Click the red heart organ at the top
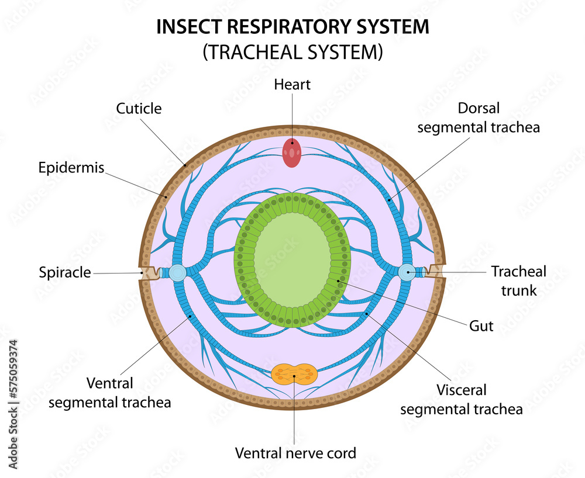pos(292,153)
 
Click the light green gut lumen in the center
pos(292,258)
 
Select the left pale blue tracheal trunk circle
pos(178,273)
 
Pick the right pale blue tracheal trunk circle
pos(407,272)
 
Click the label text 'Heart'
pos(292,85)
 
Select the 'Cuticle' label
pos(139,108)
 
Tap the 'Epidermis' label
pos(71,168)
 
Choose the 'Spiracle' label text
pos(65,272)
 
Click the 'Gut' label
pos(481,326)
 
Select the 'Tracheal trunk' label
pos(518,280)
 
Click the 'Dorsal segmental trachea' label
pos(478,117)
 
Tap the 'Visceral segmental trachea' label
pos(461,399)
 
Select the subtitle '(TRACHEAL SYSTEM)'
pos(292,53)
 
